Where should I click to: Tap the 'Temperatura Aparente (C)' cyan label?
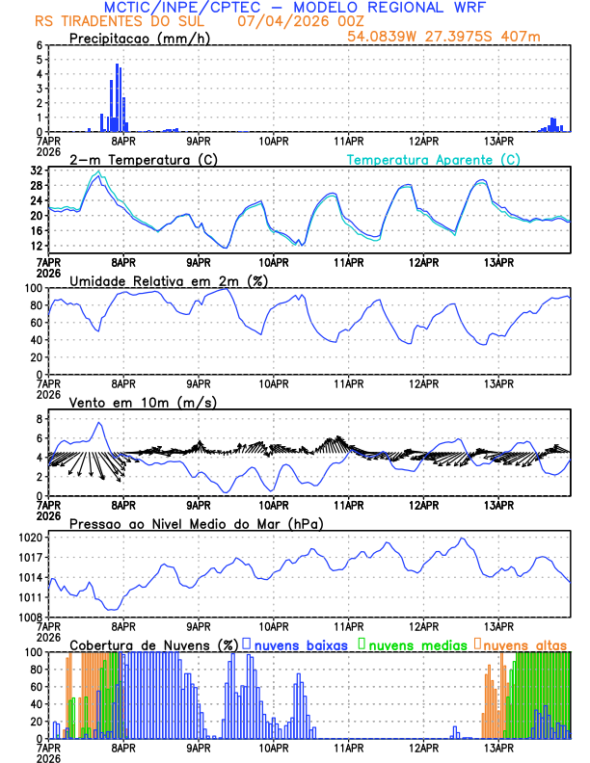(433, 159)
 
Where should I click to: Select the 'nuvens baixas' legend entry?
(300, 645)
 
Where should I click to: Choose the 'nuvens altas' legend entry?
(524, 645)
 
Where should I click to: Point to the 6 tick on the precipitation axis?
(40, 45)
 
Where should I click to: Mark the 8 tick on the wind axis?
(40, 419)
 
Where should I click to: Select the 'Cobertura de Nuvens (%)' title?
(153, 645)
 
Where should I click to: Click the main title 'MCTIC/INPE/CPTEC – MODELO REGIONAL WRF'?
(295, 8)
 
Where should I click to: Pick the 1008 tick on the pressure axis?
(36, 617)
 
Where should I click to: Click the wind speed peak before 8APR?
(98, 423)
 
